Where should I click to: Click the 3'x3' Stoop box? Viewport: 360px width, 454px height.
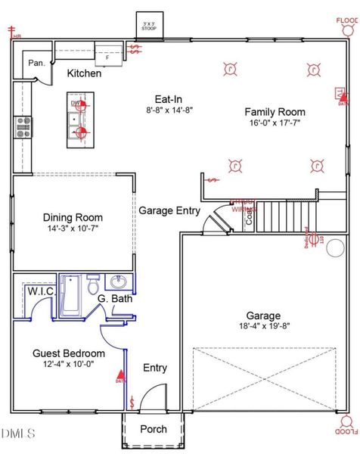(x=151, y=24)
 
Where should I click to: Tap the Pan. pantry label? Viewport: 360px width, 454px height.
(x=37, y=64)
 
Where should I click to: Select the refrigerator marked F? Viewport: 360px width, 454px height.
(x=107, y=54)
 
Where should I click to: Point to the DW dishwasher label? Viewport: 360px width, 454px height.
(x=75, y=104)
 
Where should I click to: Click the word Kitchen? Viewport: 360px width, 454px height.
(x=85, y=73)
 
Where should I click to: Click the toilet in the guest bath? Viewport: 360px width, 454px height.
(x=92, y=286)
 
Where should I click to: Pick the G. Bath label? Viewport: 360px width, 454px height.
(x=115, y=299)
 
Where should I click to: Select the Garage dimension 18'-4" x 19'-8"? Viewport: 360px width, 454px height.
(x=262, y=327)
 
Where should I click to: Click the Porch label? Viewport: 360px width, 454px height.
(x=154, y=430)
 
